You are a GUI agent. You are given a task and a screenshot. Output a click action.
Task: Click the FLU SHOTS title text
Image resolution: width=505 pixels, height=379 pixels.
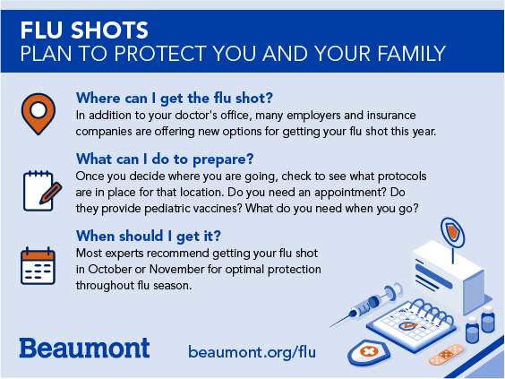(x=84, y=30)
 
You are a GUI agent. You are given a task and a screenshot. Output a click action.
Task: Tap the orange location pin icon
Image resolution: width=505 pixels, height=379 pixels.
(x=39, y=114)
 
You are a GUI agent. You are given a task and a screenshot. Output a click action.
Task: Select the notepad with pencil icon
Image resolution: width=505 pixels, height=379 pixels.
(x=42, y=191)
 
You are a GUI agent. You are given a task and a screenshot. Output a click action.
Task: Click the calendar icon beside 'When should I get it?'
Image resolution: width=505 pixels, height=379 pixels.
(x=38, y=265)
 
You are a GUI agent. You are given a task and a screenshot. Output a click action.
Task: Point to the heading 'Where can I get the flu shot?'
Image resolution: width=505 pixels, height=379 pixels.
(x=175, y=98)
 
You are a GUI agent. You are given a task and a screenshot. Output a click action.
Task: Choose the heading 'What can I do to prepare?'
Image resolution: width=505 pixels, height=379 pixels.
(x=165, y=159)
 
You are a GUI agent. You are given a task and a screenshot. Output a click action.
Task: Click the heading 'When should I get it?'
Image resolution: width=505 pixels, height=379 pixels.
(x=149, y=237)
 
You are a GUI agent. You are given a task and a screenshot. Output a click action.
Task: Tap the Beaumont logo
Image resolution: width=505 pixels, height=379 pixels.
(x=84, y=348)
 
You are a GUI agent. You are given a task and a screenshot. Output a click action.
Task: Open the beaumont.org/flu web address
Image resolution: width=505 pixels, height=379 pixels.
(x=252, y=352)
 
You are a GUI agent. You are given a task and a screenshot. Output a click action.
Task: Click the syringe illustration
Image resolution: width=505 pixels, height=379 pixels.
(x=366, y=305)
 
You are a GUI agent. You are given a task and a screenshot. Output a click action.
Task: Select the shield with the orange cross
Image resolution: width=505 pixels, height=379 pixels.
(x=369, y=352)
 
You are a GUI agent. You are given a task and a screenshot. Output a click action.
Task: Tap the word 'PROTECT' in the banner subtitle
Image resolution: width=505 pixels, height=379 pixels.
(x=160, y=53)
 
